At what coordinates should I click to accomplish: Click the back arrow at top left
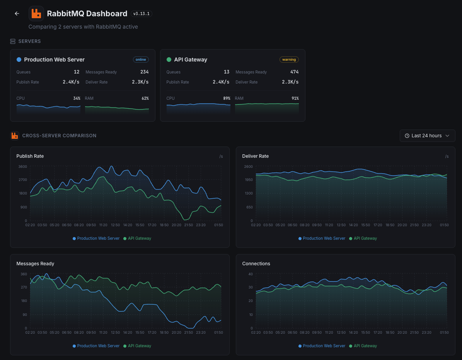pyautogui.click(x=17, y=14)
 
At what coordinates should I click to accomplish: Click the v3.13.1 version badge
pyautogui.click(x=141, y=14)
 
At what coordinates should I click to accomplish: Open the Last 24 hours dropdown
pyautogui.click(x=427, y=136)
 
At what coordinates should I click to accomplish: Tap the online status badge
pyautogui.click(x=141, y=60)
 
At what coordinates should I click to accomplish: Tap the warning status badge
pyautogui.click(x=289, y=60)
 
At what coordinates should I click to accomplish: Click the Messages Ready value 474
pyautogui.click(x=294, y=72)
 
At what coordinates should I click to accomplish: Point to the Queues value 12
pyautogui.click(x=77, y=72)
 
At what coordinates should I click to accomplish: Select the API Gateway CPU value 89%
pyautogui.click(x=226, y=98)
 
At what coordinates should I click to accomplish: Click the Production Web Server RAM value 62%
pyautogui.click(x=145, y=98)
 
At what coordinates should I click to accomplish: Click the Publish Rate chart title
pyautogui.click(x=30, y=156)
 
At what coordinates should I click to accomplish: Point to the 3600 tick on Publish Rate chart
pyautogui.click(x=22, y=167)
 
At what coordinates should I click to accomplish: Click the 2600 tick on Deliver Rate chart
pyautogui.click(x=248, y=167)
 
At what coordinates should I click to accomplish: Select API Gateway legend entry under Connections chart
pyautogui.click(x=365, y=346)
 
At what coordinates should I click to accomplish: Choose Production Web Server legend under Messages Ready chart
pyautogui.click(x=98, y=346)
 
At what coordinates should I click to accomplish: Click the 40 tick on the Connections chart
pyautogui.click(x=251, y=274)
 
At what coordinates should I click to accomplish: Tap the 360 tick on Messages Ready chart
pyautogui.click(x=24, y=274)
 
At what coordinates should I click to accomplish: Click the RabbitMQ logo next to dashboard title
pyautogui.click(x=36, y=14)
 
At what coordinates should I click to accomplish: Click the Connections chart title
pyautogui.click(x=256, y=264)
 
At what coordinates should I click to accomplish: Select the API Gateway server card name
pyautogui.click(x=191, y=60)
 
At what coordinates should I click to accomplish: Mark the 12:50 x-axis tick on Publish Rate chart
pyautogui.click(x=115, y=225)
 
